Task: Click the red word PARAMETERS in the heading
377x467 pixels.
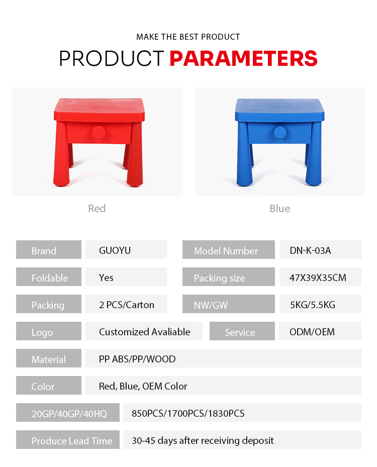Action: tap(243, 58)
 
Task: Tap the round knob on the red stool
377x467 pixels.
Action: tap(99, 132)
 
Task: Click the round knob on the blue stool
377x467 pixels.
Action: tap(280, 132)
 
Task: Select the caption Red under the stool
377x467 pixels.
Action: tap(97, 209)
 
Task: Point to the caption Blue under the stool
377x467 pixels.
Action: tap(279, 209)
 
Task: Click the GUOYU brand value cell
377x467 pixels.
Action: tap(126, 249)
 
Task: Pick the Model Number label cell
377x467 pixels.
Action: tap(228, 249)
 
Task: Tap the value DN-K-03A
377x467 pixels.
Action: tap(310, 250)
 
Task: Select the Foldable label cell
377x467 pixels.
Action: tap(49, 276)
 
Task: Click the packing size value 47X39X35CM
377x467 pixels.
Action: tap(318, 277)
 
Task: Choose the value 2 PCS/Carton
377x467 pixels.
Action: tap(127, 305)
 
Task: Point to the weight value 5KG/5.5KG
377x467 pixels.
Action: tap(313, 305)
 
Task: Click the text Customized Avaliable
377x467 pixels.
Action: tap(144, 332)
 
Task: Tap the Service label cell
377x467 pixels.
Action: tap(242, 331)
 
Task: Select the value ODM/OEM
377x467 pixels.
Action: tap(312, 332)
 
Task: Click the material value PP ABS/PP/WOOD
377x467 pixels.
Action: tap(137, 359)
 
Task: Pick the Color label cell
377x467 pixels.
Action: tap(49, 385)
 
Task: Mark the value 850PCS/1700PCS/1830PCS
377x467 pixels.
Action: tap(188, 413)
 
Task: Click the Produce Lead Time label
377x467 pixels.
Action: tap(72, 441)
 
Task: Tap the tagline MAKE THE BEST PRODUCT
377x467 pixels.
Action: tap(188, 37)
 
